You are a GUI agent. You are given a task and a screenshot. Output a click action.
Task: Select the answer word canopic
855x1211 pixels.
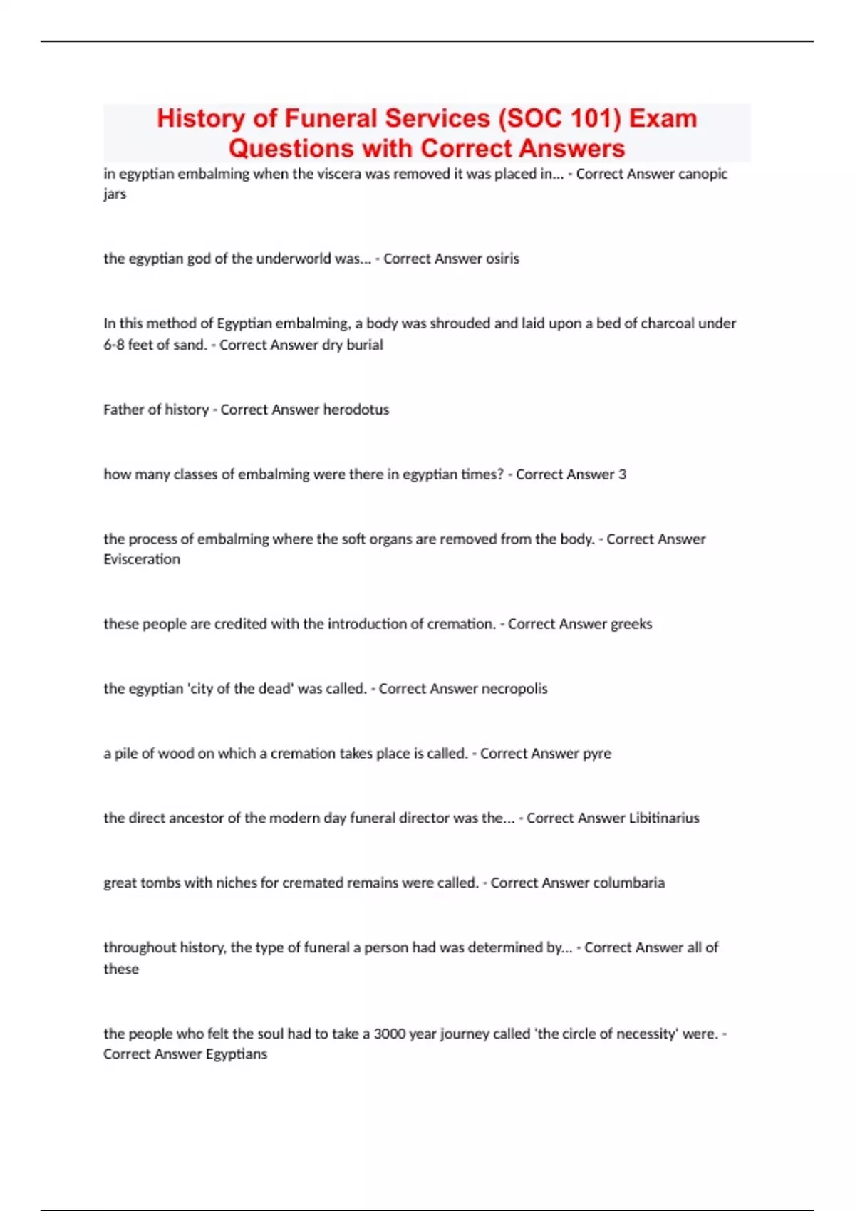pos(703,174)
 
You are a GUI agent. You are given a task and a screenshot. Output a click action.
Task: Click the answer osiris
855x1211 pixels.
pos(502,259)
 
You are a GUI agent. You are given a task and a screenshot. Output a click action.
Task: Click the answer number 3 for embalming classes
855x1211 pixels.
pos(622,474)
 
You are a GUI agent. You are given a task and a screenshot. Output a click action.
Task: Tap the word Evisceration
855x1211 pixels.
pos(142,560)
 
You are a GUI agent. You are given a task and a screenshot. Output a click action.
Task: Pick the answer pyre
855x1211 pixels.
pos(597,754)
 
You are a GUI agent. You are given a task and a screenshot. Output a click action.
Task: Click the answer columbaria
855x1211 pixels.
pos(628,883)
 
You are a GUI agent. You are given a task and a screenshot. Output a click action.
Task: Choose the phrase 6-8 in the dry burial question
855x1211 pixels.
pos(113,345)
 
